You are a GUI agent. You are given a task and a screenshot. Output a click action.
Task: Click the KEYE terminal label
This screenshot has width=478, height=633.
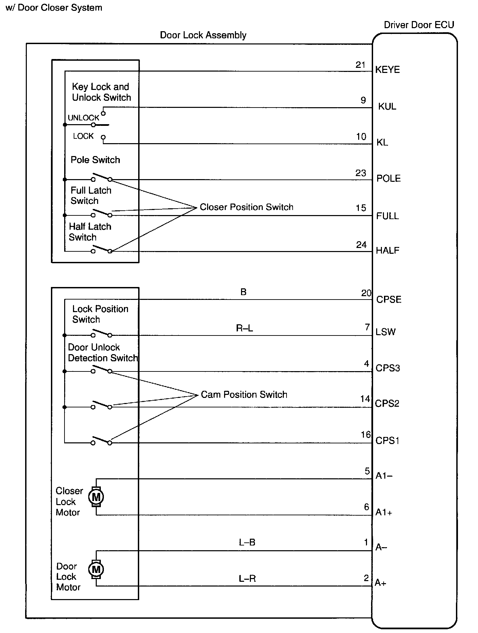387,70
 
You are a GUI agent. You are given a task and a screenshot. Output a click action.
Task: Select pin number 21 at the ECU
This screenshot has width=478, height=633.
361,65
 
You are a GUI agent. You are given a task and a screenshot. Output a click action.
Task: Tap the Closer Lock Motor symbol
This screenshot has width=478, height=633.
96,497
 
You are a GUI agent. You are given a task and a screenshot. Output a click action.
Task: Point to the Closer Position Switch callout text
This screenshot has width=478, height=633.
246,207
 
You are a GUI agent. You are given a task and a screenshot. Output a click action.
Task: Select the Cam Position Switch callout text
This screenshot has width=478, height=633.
244,395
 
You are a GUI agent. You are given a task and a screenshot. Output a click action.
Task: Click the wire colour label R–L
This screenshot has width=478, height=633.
244,328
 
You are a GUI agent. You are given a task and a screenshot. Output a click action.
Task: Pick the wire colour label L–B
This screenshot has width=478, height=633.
247,542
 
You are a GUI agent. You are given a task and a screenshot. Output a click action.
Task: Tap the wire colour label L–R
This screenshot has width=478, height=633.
247,578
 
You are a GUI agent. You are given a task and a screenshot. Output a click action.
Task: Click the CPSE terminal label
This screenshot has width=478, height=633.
389,300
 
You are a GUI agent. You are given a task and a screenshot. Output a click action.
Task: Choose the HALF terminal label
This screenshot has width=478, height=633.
387,251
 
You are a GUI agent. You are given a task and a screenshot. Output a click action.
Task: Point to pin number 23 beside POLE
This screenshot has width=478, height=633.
361,173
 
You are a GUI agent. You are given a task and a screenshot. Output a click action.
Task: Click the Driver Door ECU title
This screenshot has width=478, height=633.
419,25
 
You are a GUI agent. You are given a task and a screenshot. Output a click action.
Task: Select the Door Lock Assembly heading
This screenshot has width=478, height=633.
203,35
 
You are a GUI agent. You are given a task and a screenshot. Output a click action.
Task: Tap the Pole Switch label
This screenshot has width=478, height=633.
95,160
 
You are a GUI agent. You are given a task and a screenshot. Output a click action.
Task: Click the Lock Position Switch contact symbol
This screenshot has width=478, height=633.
101,333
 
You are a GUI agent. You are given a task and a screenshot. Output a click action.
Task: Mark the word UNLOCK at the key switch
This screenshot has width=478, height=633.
84,118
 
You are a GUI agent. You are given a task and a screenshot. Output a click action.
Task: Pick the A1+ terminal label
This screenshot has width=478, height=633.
384,512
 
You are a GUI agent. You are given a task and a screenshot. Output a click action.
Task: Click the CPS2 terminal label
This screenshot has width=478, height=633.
387,404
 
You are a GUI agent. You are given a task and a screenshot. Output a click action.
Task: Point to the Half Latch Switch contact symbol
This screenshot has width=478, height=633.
101,249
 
